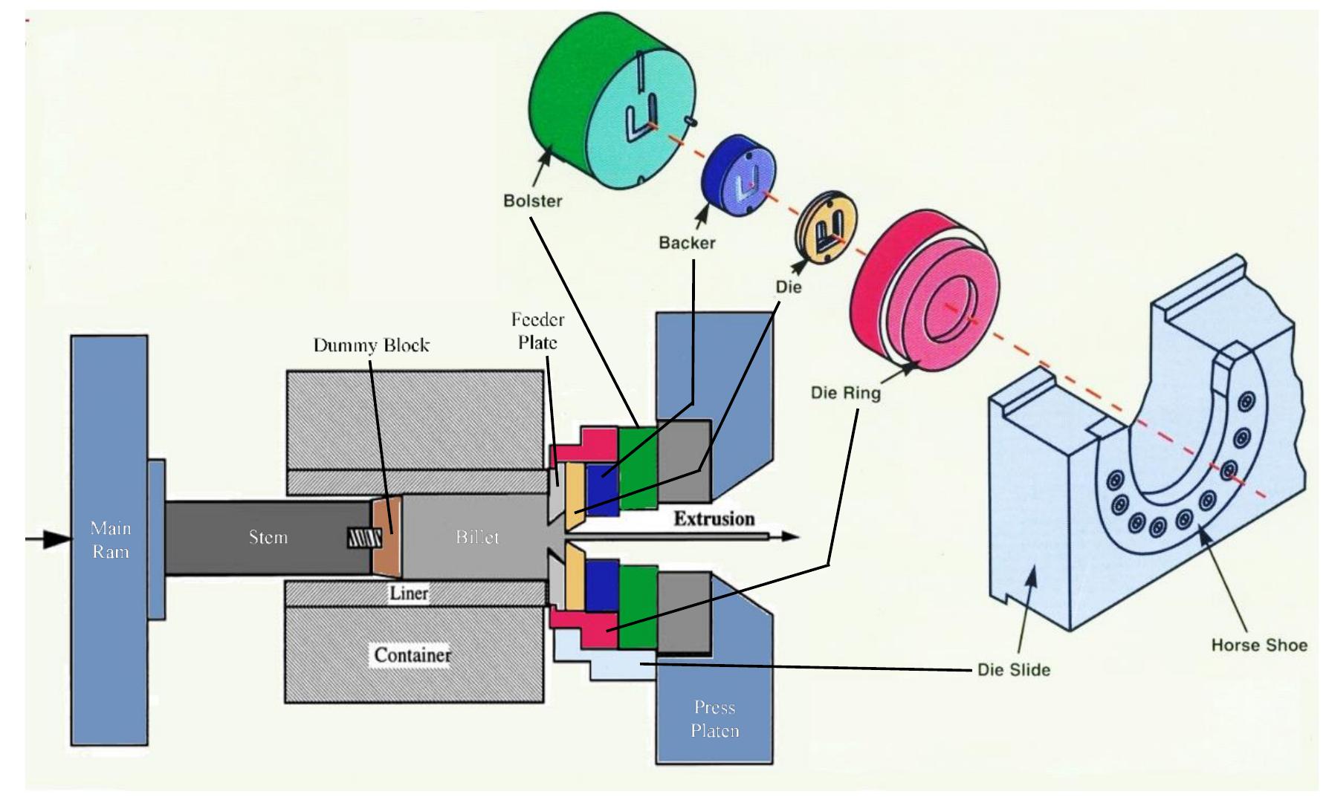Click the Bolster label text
pos(532,201)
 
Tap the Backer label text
pos(687,243)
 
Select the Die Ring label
pos(845,392)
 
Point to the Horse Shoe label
pos(1258,645)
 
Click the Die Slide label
pos(1013,670)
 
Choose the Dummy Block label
pos(371,345)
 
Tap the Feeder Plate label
pos(537,331)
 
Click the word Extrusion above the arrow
pos(714,518)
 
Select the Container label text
pos(412,655)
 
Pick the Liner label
pos(409,593)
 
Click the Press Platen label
pos(714,719)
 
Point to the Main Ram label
pos(110,540)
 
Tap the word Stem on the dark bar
pos(268,537)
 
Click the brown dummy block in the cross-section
pos(387,536)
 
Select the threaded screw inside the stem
pos(364,538)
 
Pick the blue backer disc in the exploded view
pos(739,178)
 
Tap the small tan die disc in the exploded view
pos(826,230)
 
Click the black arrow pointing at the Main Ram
pos(48,539)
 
